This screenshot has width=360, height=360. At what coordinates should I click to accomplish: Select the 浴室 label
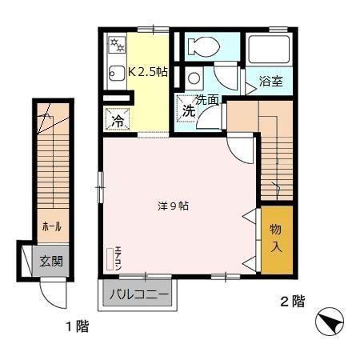click(x=270, y=81)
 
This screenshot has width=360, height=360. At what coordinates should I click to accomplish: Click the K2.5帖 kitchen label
click(x=148, y=72)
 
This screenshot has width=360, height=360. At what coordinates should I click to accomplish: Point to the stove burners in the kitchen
click(x=116, y=42)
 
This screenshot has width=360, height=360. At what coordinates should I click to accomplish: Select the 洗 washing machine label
click(x=187, y=111)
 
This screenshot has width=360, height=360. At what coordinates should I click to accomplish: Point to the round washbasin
click(x=194, y=78)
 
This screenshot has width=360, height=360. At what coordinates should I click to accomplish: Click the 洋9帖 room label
click(x=173, y=206)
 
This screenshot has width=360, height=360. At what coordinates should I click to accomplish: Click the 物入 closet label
click(x=276, y=238)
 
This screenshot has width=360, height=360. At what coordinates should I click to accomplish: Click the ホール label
click(x=51, y=227)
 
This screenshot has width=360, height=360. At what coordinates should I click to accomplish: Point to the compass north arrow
click(x=330, y=323)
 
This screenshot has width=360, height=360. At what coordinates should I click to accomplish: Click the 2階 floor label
click(x=292, y=302)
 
